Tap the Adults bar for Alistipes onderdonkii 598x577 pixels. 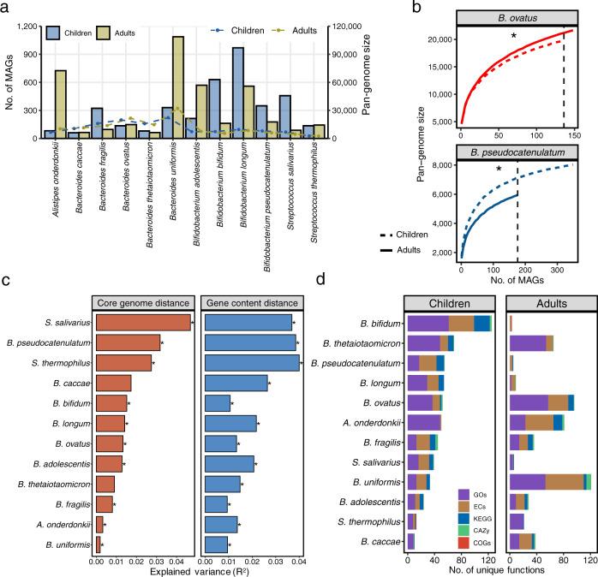(x=61, y=104)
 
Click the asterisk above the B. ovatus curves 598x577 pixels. (x=513, y=37)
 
